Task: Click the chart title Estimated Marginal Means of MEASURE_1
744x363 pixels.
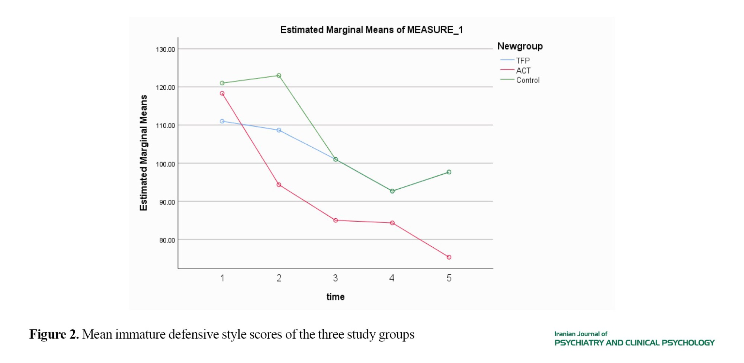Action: click(371, 30)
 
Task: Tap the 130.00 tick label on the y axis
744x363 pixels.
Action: click(165, 49)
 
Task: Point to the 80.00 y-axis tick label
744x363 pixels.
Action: click(167, 240)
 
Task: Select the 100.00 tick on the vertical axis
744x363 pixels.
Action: click(165, 164)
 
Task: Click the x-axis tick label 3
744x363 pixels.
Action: click(335, 278)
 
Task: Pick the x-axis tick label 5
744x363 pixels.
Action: click(449, 278)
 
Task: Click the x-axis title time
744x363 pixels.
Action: click(335, 297)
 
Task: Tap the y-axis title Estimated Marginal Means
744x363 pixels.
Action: click(144, 152)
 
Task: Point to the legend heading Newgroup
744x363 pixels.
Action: click(520, 46)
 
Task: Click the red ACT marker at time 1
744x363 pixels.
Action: click(222, 93)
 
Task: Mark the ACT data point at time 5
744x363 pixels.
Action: click(449, 257)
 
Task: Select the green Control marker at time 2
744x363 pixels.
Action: click(279, 76)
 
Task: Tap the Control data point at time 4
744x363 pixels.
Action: click(392, 191)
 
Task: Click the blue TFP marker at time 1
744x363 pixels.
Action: click(222, 121)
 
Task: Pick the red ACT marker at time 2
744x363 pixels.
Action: click(279, 185)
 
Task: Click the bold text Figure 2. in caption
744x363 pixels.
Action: click(54, 334)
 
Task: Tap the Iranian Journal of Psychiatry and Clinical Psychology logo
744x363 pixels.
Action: click(634, 339)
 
